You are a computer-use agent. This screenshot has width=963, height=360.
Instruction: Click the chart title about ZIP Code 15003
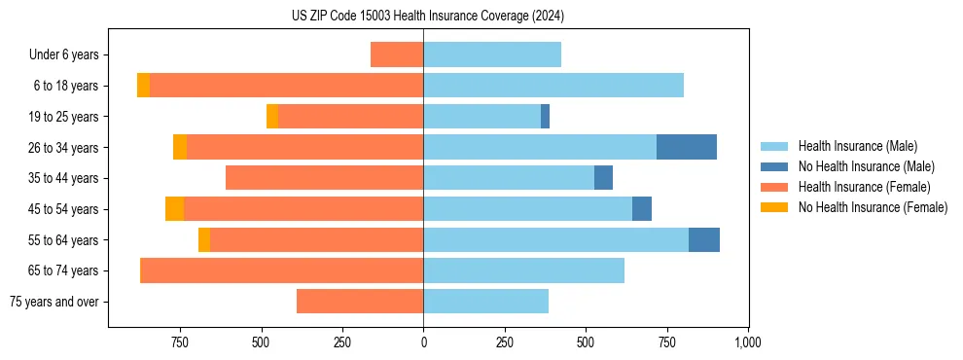coord(427,17)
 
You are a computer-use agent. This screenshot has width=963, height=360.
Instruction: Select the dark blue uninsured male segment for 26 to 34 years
coord(686,147)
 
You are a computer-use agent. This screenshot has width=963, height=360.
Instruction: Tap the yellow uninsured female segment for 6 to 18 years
coord(143,86)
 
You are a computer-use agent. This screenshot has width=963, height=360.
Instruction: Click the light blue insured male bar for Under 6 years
coord(491,54)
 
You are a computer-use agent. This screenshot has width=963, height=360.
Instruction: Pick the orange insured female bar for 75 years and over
coord(360,302)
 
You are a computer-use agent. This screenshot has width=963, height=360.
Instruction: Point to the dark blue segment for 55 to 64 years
coord(703,239)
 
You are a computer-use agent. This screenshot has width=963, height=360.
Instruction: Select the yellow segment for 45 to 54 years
coord(174,209)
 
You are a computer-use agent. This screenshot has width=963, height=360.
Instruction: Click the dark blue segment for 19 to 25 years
coord(545,117)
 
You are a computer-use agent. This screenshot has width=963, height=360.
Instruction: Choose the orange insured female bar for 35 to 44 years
coord(324,178)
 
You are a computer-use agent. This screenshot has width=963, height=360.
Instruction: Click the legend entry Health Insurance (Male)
coord(857,146)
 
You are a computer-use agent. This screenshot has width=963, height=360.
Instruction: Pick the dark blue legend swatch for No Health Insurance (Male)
coord(774,166)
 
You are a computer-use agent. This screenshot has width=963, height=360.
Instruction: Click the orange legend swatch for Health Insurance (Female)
coord(774,187)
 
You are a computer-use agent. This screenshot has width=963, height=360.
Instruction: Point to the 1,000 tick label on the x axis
coord(747,342)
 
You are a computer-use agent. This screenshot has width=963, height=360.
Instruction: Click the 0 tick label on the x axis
coord(423,342)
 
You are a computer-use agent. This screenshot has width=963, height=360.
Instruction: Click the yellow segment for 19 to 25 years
coord(272,117)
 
